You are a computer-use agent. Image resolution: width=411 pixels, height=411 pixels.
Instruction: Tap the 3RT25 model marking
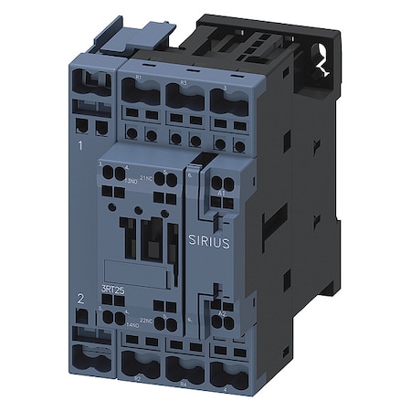pos(111,290)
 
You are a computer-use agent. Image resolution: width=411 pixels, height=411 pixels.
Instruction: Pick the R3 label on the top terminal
pos(184,82)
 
